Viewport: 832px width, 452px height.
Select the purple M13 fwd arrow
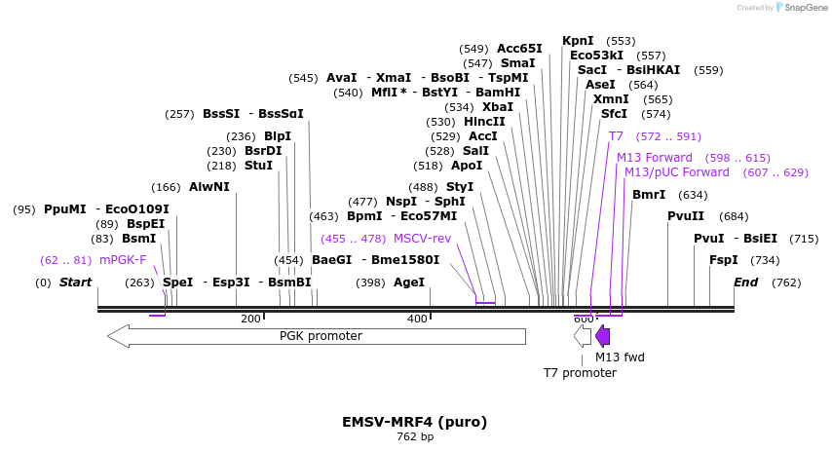[x=603, y=336]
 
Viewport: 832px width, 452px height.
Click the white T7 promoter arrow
[x=583, y=336]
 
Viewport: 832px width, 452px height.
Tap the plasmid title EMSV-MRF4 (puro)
[x=414, y=422]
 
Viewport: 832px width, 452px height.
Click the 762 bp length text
[x=414, y=437]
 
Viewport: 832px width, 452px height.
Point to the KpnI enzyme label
[x=578, y=41]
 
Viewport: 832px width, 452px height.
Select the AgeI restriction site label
[x=409, y=282]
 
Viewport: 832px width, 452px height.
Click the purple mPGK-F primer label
[x=123, y=260]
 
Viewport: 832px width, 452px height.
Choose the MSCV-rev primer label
[x=422, y=238]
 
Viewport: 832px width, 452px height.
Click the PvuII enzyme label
[x=686, y=216]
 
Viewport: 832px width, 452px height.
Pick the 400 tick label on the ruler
[x=417, y=319]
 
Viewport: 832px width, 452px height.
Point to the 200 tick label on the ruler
[x=250, y=319]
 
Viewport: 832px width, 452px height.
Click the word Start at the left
[x=75, y=282]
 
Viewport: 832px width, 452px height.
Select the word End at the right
[x=745, y=282]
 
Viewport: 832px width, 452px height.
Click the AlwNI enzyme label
[x=209, y=187]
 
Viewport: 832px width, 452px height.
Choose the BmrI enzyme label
[x=649, y=195]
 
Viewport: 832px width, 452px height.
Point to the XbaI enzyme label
[x=497, y=107]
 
